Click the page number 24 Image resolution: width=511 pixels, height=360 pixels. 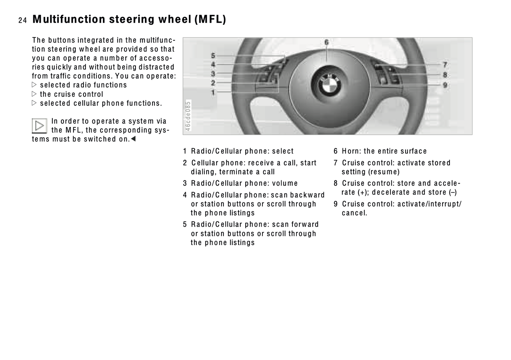pos(23,21)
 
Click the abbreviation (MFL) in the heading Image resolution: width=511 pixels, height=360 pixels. pos(210,19)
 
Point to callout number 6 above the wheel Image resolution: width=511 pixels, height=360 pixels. pos(327,42)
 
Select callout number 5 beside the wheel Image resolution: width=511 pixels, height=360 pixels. pos(213,56)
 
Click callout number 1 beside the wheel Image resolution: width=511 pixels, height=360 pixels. pos(213,92)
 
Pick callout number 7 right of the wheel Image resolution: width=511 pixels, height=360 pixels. pos(445,65)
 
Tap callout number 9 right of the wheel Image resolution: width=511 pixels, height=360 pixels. pos(445,85)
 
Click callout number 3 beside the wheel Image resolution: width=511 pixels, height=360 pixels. pos(213,74)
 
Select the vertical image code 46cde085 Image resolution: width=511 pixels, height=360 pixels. pos(188,116)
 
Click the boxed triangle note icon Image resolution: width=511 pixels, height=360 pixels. pos(40,126)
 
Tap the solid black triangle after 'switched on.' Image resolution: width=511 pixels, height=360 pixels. pos(133,139)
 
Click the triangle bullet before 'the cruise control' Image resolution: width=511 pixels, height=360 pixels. pos(34,94)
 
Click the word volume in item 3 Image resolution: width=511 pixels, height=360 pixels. pos(285,183)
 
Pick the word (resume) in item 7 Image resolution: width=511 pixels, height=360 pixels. pos(384,172)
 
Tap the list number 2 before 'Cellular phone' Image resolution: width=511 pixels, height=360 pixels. pos(185,163)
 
